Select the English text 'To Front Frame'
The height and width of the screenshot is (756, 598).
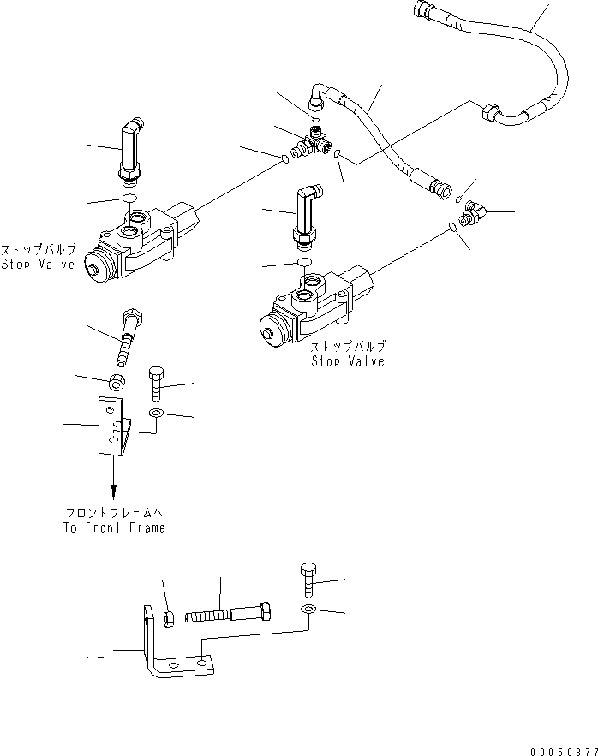114,527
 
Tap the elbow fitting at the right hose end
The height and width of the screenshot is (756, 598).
472,211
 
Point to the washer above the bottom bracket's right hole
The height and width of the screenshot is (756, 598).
308,609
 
